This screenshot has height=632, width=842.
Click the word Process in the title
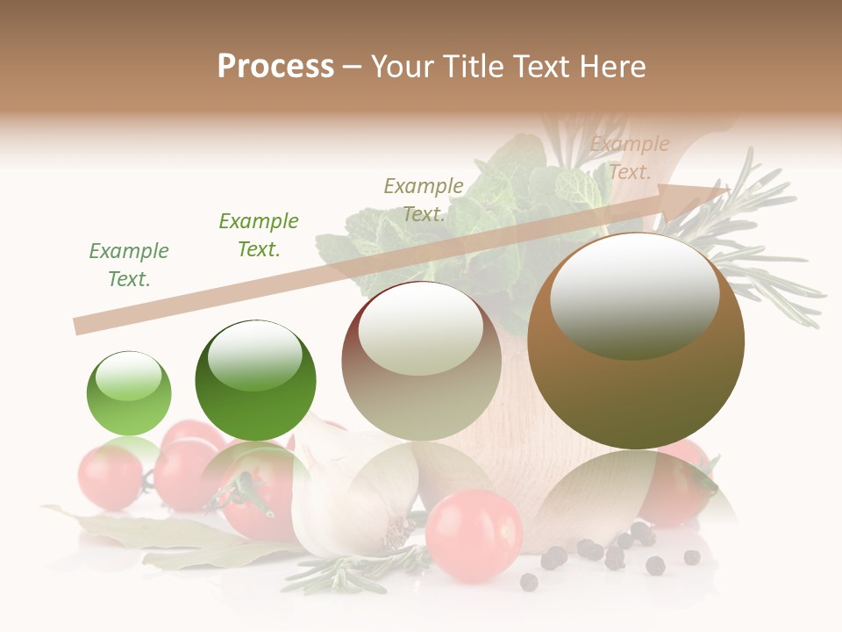coord(275,66)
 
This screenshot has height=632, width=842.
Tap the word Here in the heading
coord(610,66)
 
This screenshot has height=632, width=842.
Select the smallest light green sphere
coord(129,393)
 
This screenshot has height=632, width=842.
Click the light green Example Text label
coord(129,265)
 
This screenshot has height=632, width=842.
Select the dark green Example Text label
coord(259,235)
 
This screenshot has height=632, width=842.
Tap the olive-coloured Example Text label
coord(424,200)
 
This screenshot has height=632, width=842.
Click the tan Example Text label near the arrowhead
coord(629,158)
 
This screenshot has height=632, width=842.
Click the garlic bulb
coord(351,505)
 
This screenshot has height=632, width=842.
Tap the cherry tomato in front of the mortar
coord(474,535)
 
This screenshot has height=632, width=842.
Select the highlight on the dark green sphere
coord(255,355)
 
